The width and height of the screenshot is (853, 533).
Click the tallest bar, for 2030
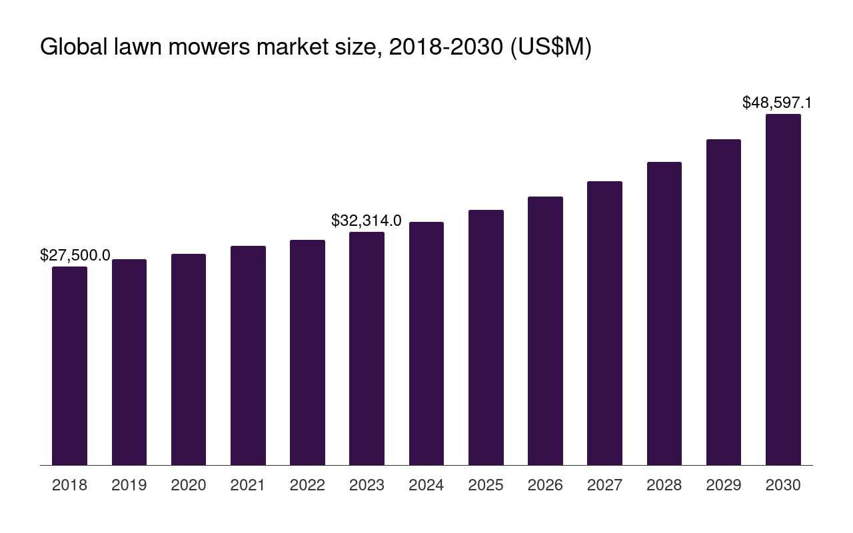pos(783,289)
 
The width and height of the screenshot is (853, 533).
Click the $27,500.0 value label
pos(75,255)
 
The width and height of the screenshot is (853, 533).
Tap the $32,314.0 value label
pos(367,221)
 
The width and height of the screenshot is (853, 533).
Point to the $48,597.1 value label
pos(777,103)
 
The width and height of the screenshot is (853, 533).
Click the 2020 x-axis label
pos(189,485)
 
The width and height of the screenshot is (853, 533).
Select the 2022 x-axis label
pos(307,485)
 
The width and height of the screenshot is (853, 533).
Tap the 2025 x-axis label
pos(486,485)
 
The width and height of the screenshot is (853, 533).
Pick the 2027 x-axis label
pos(604,485)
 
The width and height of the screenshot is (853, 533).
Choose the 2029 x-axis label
pos(724,485)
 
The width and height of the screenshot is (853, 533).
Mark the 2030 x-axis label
pos(783,485)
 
